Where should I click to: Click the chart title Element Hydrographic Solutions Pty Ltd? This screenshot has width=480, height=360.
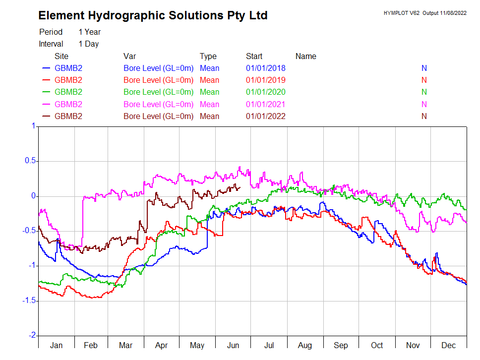coord(153,15)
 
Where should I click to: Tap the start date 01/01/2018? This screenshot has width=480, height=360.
coord(265,68)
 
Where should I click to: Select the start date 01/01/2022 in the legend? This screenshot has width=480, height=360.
coord(265,117)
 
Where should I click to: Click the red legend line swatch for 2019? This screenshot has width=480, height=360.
coord(47,80)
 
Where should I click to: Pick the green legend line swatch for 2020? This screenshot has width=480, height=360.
coord(47,92)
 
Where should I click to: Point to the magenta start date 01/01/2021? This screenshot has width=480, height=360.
coord(265,105)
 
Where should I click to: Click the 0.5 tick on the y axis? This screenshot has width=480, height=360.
coord(31,161)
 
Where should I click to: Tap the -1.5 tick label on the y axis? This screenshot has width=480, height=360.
coord(29,300)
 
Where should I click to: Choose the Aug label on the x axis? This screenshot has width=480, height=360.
coord(305,345)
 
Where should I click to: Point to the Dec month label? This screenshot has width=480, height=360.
coord(448,345)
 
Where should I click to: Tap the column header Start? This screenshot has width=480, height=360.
coord(254,57)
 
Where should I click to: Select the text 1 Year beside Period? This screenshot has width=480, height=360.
coord(89,32)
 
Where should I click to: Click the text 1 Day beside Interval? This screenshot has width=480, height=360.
coord(88,44)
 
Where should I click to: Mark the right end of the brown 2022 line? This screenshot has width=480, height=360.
coord(240,187)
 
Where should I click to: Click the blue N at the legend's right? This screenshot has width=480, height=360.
coord(424,68)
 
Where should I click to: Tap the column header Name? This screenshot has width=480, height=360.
coord(305,57)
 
